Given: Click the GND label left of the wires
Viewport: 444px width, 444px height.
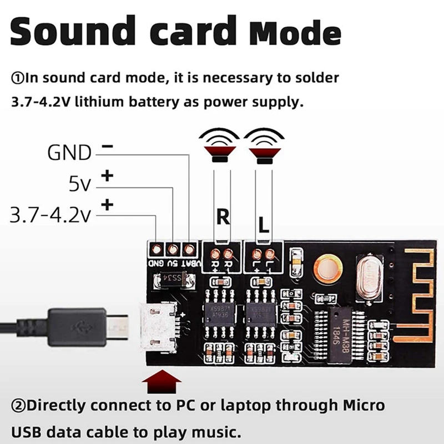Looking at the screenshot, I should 69,152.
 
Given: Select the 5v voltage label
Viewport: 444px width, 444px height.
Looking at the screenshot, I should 80,184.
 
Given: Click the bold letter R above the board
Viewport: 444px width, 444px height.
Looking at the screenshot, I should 223,217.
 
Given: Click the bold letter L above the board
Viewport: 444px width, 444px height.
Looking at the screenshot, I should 264,224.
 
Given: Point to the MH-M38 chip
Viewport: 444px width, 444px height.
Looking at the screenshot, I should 340,332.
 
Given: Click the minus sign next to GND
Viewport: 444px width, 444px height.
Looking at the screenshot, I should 108,147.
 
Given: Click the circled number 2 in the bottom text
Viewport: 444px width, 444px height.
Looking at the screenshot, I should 16,405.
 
